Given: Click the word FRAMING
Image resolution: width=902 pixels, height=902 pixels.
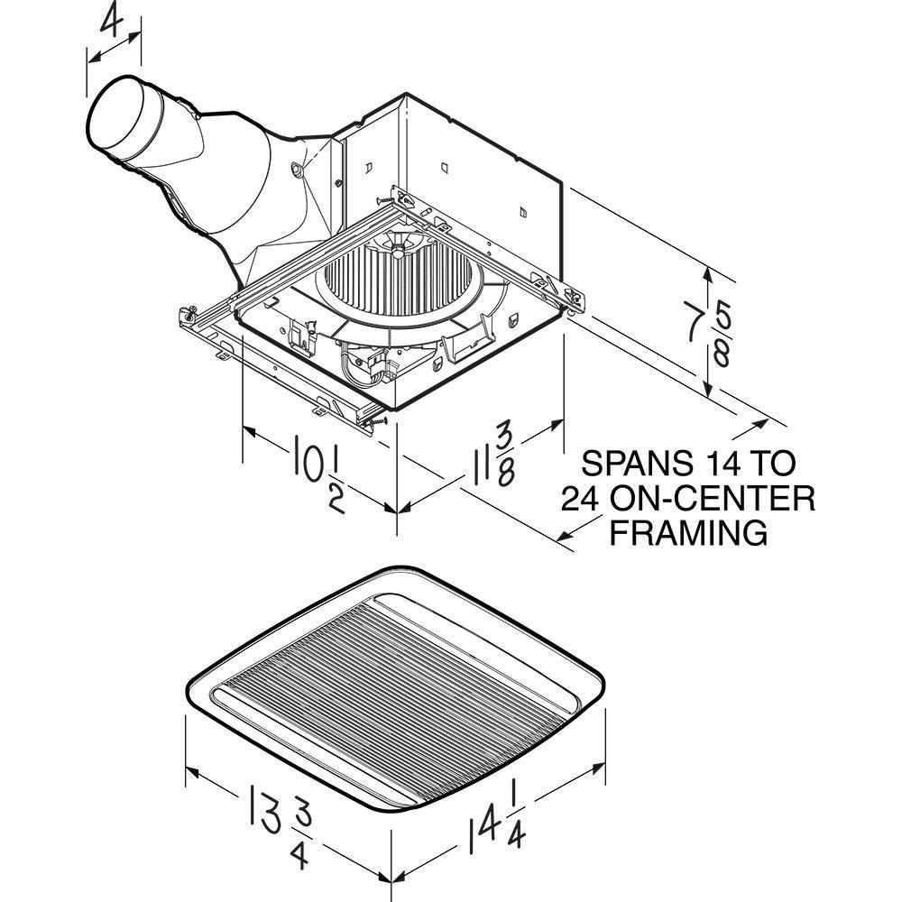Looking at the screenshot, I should tap(690, 532).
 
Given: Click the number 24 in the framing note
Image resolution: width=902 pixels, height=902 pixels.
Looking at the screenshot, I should tap(581, 498).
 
